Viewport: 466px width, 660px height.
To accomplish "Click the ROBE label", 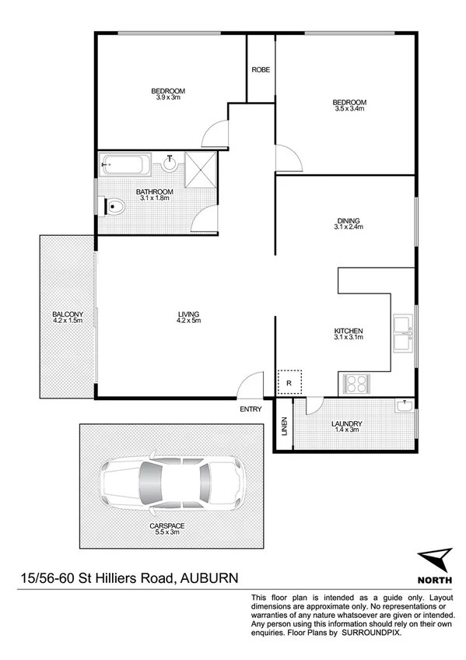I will point(261,70).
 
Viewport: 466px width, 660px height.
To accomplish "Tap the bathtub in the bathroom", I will point(125,165).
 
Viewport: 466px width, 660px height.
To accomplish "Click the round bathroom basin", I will point(170,163).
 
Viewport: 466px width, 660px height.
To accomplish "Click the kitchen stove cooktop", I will point(356,384).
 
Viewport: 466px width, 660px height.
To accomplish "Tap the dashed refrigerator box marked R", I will point(289,382).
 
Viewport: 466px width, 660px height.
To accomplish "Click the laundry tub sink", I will point(404,406).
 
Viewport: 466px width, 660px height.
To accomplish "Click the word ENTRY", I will point(251,409).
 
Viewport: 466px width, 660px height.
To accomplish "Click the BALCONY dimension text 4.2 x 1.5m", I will point(68,321).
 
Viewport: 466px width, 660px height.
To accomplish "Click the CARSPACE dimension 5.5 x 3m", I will point(167,532).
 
